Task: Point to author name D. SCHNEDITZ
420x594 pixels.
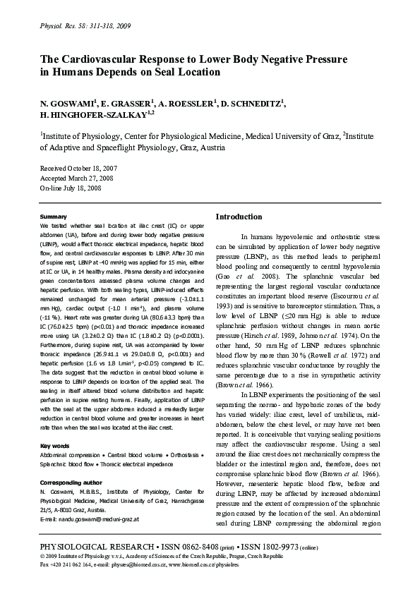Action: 252,104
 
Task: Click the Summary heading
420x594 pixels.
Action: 54,216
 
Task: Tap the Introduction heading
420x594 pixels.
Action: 239,217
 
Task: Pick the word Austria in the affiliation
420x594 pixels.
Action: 211,148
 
